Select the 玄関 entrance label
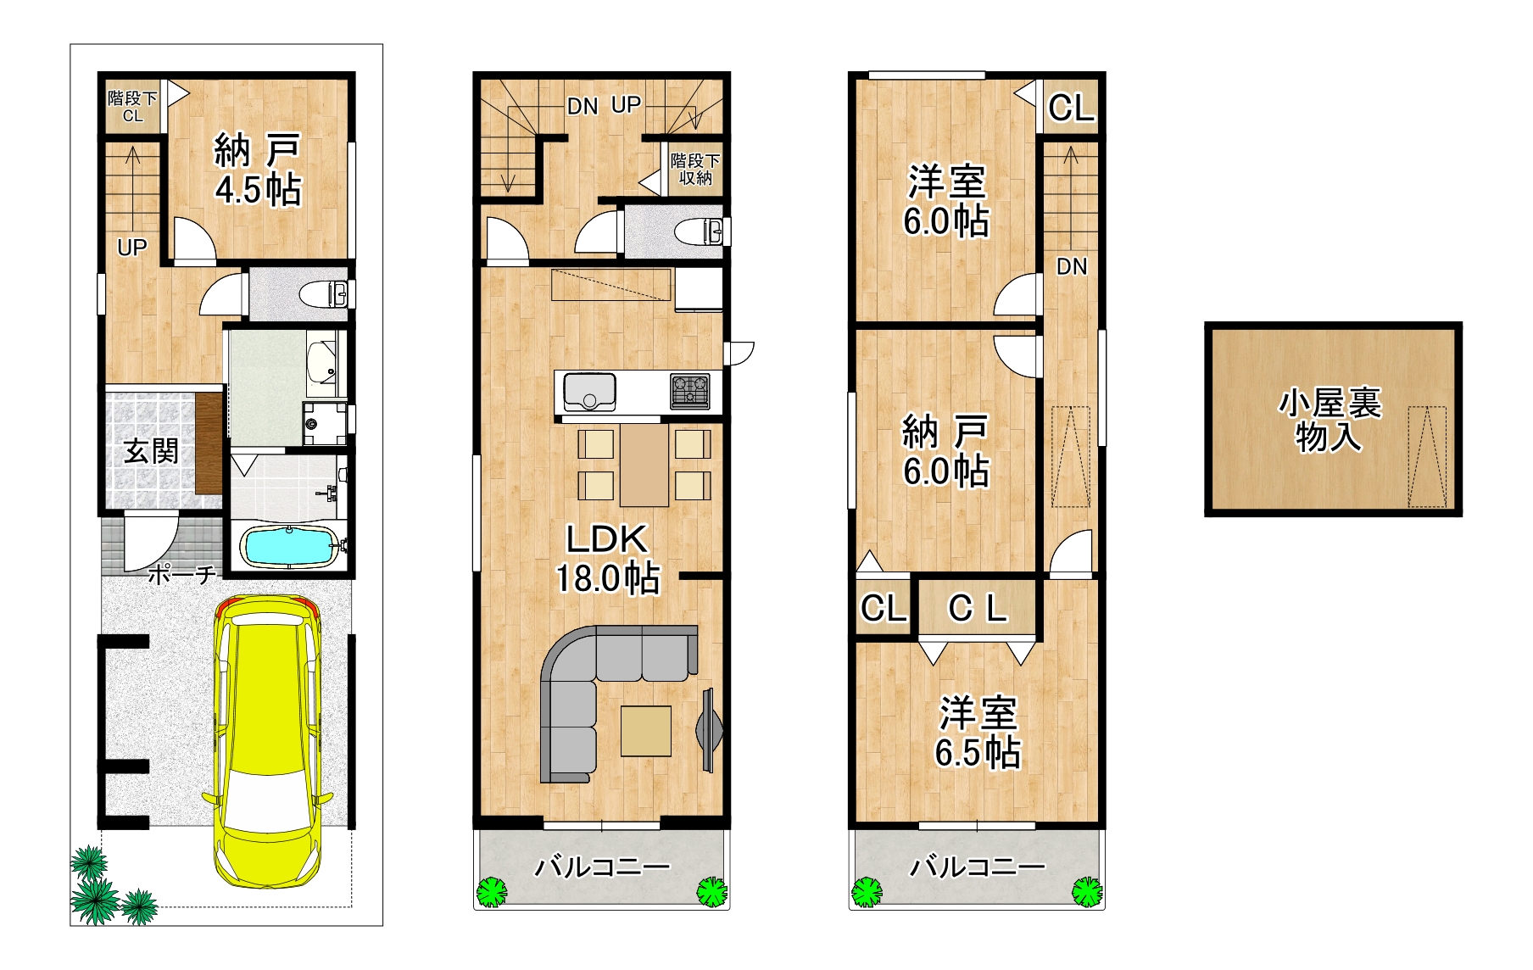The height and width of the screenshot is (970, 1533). (x=151, y=451)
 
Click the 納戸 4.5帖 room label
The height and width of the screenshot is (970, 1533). (x=258, y=170)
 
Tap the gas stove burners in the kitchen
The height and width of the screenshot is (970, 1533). (x=690, y=392)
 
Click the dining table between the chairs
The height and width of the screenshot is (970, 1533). (x=644, y=465)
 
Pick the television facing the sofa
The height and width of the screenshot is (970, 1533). (x=709, y=729)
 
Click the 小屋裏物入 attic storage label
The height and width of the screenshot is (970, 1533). (x=1329, y=420)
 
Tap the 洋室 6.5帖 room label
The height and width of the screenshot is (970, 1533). (x=978, y=733)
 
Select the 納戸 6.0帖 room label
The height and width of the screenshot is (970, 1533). (x=945, y=450)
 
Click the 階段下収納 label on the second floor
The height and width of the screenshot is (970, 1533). (x=695, y=169)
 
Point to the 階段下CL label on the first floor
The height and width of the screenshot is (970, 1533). (x=132, y=107)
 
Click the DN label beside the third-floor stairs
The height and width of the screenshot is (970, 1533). (x=1071, y=266)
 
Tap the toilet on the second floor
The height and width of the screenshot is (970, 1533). (x=700, y=231)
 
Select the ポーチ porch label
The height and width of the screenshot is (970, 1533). (x=181, y=575)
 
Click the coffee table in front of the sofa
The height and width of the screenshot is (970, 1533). (x=646, y=731)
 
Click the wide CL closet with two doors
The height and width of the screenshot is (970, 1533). (x=978, y=608)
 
